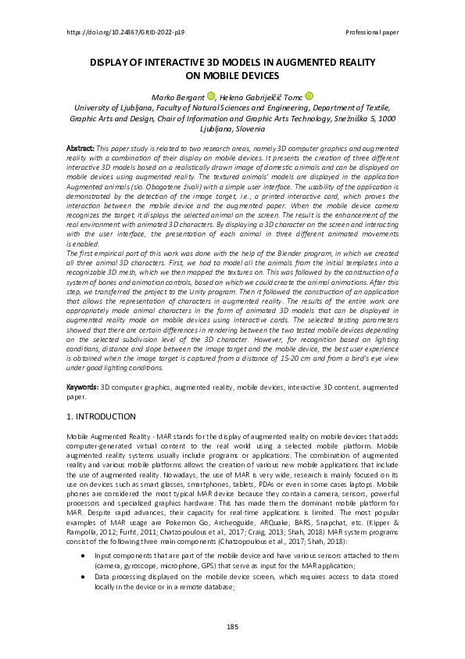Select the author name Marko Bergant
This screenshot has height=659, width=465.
point(180,95)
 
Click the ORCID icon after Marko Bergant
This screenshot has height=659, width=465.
point(211,95)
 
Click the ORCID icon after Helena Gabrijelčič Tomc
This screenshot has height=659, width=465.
point(309,95)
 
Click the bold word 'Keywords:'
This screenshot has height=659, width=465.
point(80,387)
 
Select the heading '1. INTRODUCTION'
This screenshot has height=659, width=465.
point(102,416)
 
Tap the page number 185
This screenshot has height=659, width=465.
point(232,627)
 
